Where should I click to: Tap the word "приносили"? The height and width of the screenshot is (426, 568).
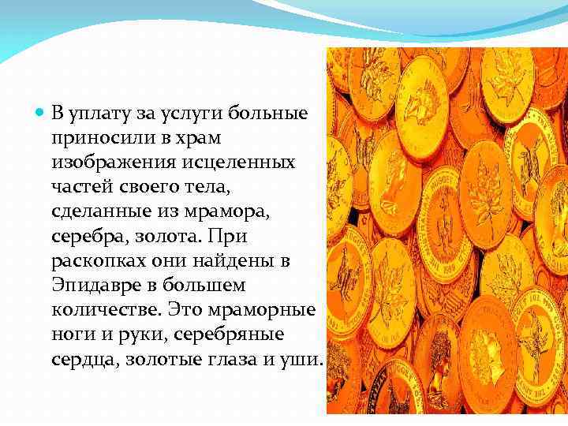(x=93, y=139)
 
